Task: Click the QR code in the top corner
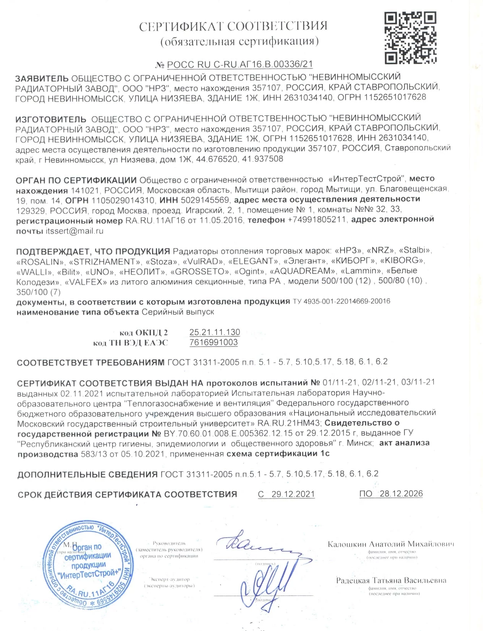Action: pos(410,37)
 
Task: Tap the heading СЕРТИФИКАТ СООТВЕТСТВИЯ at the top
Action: pos(233,26)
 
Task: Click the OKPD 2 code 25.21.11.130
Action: pos(215,332)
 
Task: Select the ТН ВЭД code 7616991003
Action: pos(214,342)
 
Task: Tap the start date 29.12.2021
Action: pos(293,494)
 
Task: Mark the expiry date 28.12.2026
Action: pos(401,494)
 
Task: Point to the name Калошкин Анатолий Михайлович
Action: pos(391,544)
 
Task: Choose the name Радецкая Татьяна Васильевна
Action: pos(391,580)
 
